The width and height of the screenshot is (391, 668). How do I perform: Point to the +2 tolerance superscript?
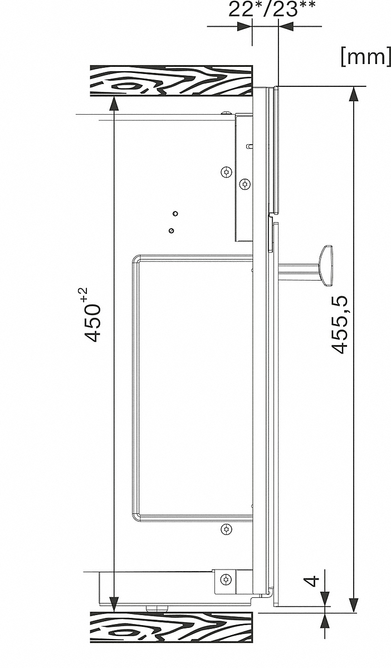click(x=84, y=296)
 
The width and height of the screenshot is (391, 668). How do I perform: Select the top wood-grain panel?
click(x=172, y=81)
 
